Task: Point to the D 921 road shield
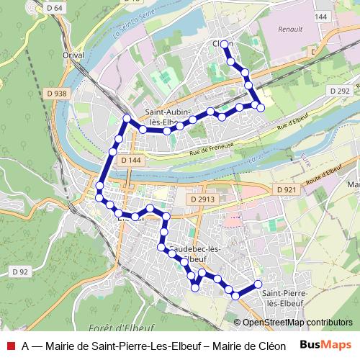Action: click(285, 189)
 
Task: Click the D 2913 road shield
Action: click(204, 198)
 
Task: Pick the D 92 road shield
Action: click(20, 271)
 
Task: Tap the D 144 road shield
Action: click(130, 160)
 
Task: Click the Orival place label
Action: click(73, 55)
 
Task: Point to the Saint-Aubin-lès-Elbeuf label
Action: click(171, 117)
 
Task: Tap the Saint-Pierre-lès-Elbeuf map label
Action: click(285, 298)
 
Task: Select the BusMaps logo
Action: click(326, 345)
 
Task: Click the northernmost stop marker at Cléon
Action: click(225, 45)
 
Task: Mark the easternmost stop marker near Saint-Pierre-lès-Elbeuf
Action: click(258, 284)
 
